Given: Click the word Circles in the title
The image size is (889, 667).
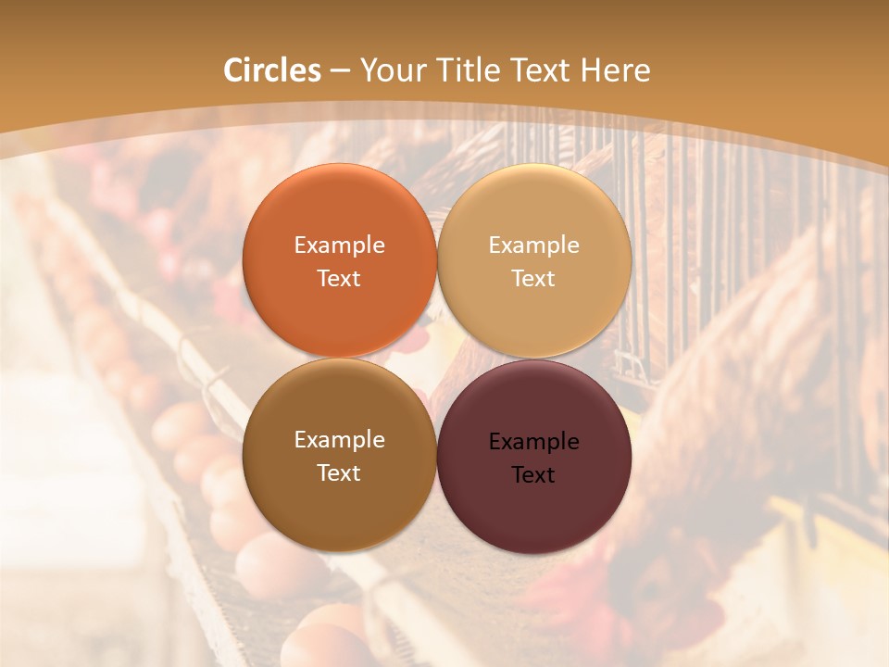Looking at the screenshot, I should pos(272,70).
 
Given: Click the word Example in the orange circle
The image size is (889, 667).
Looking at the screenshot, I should pos(339,245).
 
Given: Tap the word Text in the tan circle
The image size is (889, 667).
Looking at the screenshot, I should pos(533,279).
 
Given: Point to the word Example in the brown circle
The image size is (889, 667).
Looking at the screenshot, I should pos(339,440).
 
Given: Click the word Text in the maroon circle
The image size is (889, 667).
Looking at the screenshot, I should pos(533,475).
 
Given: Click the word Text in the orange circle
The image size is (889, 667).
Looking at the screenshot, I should pos(339,279).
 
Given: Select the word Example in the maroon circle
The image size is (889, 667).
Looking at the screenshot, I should pos(533,442).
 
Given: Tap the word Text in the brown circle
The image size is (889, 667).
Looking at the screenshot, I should pos(339,473).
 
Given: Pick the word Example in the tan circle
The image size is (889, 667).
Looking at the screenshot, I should pos(533,245).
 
